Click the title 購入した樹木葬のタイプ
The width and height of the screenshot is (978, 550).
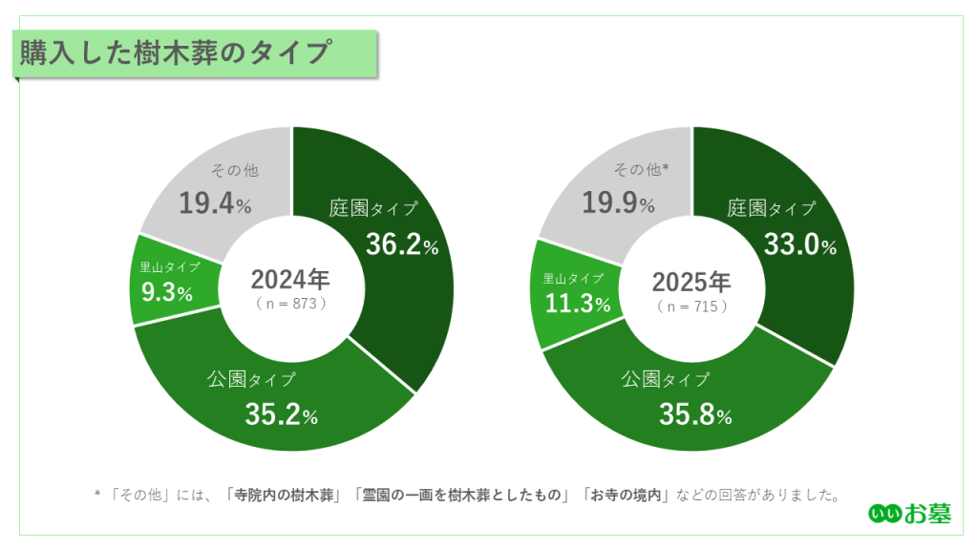point(176,52)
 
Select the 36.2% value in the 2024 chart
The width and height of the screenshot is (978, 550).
point(402,244)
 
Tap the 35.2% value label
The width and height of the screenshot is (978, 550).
point(281,414)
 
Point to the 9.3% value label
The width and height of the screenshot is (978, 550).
point(167,292)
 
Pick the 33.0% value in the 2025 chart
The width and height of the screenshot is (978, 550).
point(799,244)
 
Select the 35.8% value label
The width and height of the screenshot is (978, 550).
point(694,414)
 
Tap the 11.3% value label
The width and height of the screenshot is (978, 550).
point(578,304)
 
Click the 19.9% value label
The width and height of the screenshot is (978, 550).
point(618,202)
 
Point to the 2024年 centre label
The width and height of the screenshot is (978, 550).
point(290,280)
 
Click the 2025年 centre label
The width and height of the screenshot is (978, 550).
point(691,282)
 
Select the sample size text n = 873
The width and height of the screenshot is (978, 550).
point(291,303)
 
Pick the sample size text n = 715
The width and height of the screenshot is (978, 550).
point(692,306)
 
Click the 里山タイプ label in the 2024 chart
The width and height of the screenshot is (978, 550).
point(170,267)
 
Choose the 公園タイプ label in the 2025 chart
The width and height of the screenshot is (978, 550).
point(666,379)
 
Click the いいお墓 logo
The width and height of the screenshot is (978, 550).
point(909,513)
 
